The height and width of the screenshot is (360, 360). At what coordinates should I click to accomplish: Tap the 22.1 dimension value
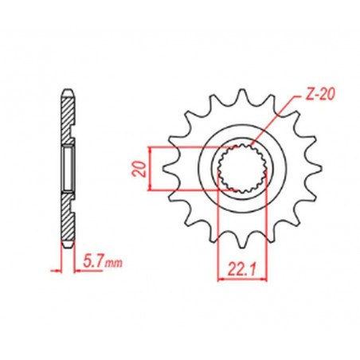coord(237,268)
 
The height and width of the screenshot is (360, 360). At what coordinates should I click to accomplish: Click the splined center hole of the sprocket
coord(238,169)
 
